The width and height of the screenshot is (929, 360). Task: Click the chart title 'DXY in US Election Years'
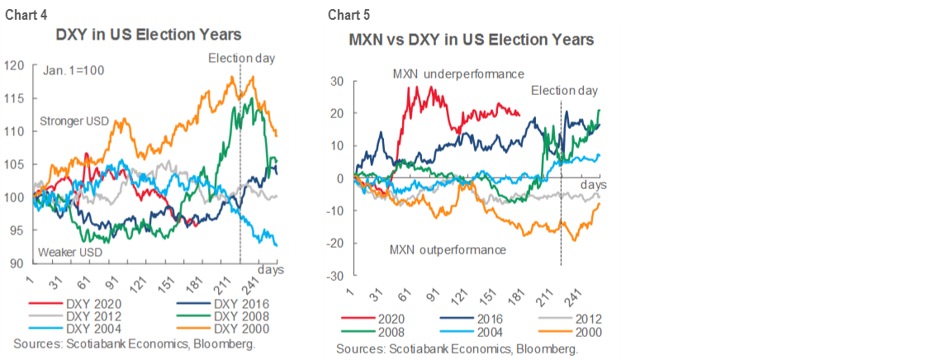click(x=148, y=36)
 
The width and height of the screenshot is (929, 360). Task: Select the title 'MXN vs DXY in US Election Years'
click(x=471, y=40)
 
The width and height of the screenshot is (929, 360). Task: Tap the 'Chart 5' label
click(x=348, y=15)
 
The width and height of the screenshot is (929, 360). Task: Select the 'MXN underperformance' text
click(x=458, y=73)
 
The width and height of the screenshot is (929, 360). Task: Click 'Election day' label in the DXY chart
click(x=241, y=58)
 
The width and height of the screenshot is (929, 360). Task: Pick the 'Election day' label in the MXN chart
click(x=564, y=91)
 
